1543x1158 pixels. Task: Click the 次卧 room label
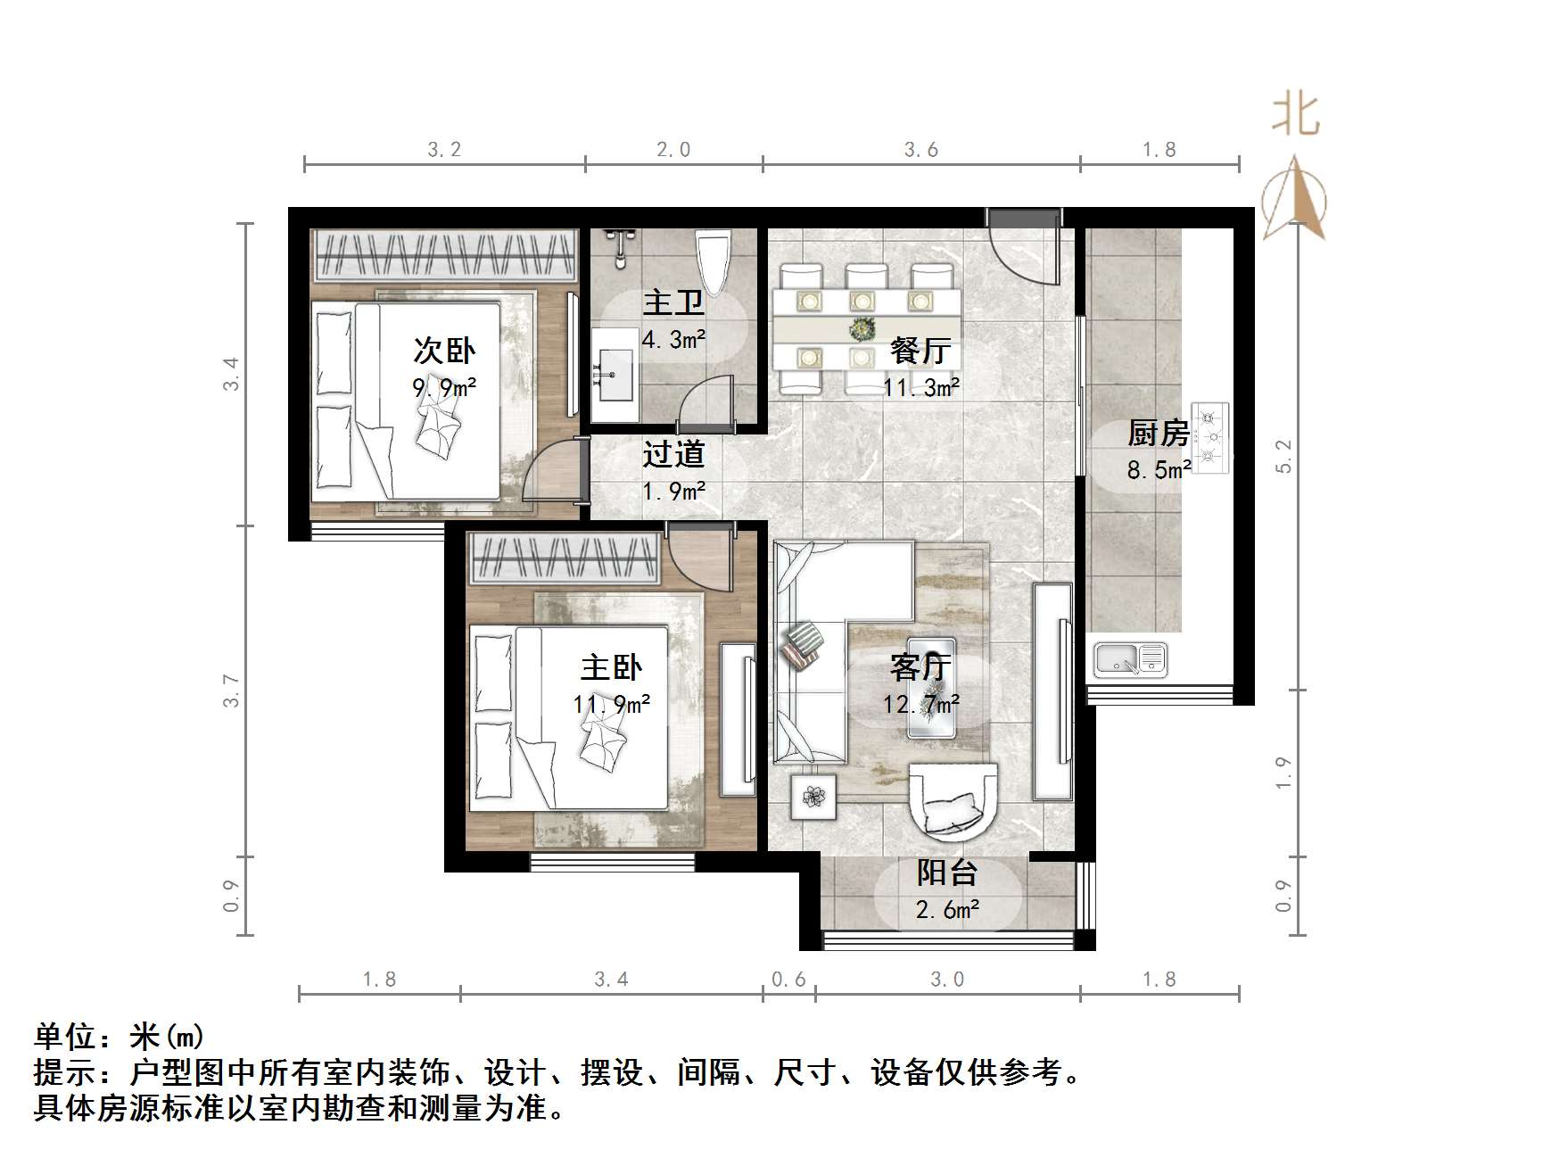(x=444, y=351)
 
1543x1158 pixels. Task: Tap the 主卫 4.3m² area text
(x=673, y=339)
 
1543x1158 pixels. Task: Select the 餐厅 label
(x=920, y=351)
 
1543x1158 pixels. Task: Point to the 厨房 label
(x=1158, y=434)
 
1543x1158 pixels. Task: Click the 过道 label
(x=673, y=454)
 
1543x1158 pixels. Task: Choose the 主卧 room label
(x=611, y=667)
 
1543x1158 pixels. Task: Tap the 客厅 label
(x=920, y=667)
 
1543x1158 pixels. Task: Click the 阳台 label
(x=947, y=873)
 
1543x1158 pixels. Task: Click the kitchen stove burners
(x=1209, y=437)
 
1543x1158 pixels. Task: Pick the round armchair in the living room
(x=952, y=798)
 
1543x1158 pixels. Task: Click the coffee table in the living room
(x=930, y=687)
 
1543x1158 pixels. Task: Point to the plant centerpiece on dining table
(x=862, y=329)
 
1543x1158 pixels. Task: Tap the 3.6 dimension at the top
(x=920, y=150)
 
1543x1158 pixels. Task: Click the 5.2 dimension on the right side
(x=1283, y=456)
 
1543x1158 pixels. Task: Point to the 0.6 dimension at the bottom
(x=788, y=980)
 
